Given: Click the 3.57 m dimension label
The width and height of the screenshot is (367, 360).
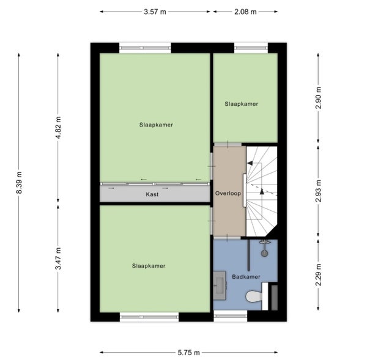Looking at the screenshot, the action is point(155,12).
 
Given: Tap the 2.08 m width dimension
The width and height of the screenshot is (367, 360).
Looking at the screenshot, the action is point(245,12).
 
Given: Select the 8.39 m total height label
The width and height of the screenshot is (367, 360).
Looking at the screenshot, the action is point(19,183).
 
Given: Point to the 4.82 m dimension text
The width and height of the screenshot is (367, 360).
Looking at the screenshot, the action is point(58,128).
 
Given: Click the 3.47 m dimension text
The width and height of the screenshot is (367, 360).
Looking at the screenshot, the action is point(58,259).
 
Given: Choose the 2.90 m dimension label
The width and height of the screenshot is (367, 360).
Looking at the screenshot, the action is point(318,98).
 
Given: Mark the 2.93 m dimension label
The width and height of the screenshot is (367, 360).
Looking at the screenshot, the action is point(318,191).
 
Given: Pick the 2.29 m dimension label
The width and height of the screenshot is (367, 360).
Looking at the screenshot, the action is point(318,275).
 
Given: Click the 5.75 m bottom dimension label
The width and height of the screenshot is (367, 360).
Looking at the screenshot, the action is point(188,352).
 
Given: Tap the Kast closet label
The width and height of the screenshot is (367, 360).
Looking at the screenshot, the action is point(152,194).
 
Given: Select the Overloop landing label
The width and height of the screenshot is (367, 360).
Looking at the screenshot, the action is point(228,194).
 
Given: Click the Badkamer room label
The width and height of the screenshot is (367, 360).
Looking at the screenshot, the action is point(246,277).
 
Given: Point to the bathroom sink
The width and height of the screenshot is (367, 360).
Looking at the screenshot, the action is point(220,285).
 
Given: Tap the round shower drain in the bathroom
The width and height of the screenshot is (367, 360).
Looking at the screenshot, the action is point(264,253).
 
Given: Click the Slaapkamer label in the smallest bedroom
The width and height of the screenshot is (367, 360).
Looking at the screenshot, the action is point(242,104).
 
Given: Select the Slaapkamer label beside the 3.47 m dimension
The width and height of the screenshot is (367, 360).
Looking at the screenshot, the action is point(149,266).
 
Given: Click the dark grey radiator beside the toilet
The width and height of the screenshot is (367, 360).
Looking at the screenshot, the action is point(274,298).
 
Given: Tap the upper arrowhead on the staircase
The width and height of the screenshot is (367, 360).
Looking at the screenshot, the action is point(250,163).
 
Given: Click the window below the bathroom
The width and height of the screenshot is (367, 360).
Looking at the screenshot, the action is point(231,316).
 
